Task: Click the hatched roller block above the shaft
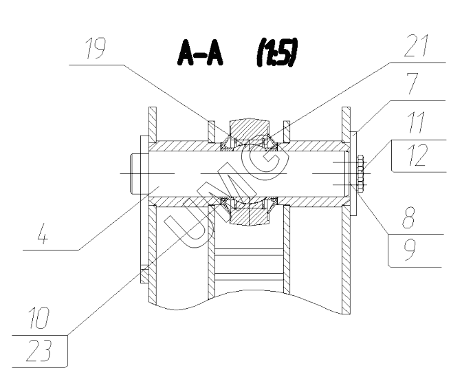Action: (250, 129)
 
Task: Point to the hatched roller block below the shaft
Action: (250, 217)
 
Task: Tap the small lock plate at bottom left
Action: (143, 275)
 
